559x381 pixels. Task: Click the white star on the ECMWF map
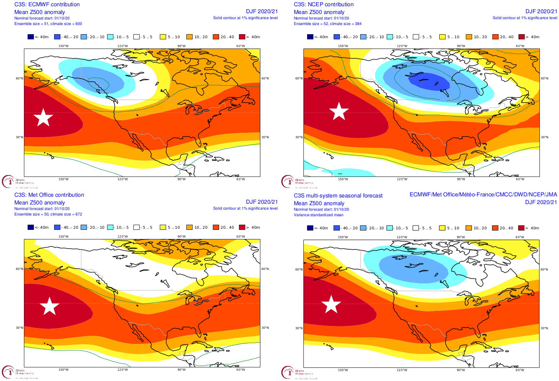(43, 117)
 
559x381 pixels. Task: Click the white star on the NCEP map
(339, 111)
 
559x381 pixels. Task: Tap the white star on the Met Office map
(49, 306)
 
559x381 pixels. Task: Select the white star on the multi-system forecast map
(331, 304)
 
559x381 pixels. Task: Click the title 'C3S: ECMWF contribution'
(47, 4)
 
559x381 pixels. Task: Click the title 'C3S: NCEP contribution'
(323, 4)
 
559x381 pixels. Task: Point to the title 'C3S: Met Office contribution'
(49, 195)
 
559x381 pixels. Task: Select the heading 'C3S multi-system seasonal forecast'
(338, 196)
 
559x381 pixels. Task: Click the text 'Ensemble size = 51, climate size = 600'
(48, 24)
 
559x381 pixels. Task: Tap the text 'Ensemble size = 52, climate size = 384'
(327, 24)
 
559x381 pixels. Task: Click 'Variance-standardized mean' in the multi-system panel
(319, 215)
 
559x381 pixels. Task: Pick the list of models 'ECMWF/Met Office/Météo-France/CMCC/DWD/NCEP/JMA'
(483, 195)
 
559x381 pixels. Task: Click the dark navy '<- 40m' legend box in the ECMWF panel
(31, 37)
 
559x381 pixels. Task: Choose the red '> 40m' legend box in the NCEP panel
(521, 37)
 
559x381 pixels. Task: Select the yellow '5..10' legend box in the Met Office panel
(163, 227)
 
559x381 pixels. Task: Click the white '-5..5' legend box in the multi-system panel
(416, 228)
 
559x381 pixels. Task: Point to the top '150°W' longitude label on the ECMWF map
(63, 46)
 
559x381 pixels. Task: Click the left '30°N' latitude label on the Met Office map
(19, 328)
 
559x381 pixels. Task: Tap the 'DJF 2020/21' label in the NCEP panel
(541, 11)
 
